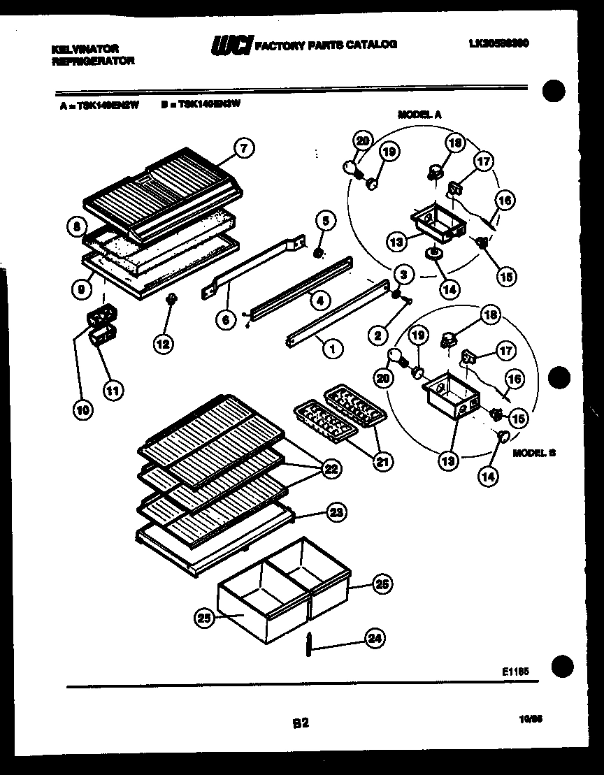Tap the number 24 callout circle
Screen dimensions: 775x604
[375, 637]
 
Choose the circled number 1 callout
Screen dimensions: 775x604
[333, 348]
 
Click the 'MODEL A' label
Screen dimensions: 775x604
[419, 114]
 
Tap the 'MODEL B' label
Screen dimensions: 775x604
[534, 453]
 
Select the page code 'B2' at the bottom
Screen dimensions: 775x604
[301, 724]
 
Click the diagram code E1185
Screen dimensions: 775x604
[515, 671]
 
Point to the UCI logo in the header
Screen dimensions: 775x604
[231, 45]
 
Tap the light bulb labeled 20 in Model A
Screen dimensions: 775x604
[350, 167]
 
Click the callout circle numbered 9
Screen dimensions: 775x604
[82, 287]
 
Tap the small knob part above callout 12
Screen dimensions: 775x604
[169, 300]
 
